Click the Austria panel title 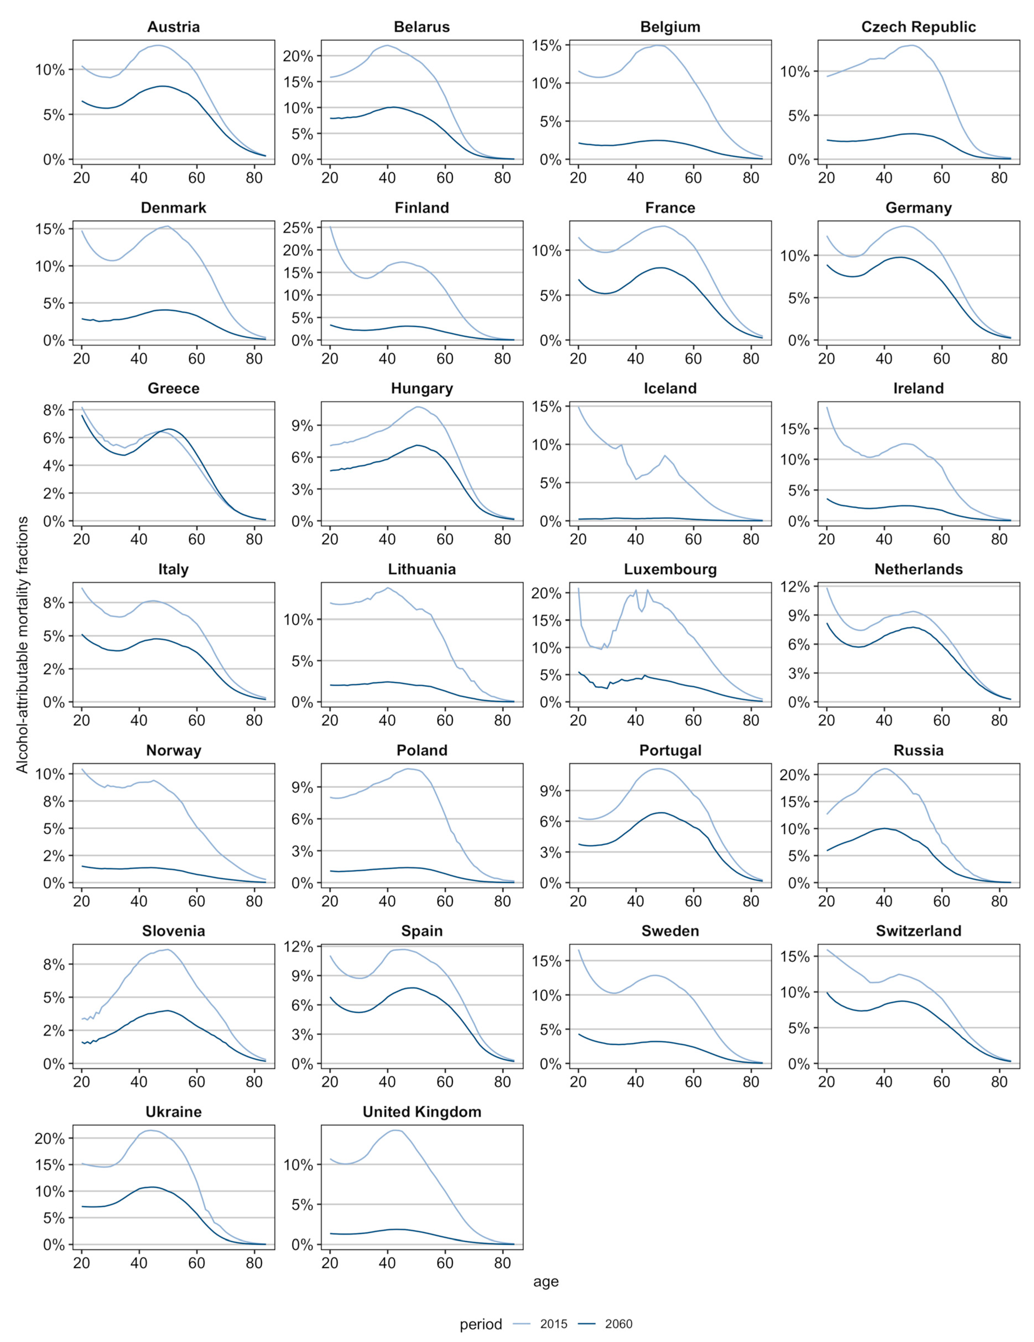173,27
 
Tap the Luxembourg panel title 670,570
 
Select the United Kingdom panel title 422,1111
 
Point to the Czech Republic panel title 918,27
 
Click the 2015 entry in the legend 553,1323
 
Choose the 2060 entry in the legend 618,1323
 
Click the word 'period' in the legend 481,1323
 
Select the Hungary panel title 422,388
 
